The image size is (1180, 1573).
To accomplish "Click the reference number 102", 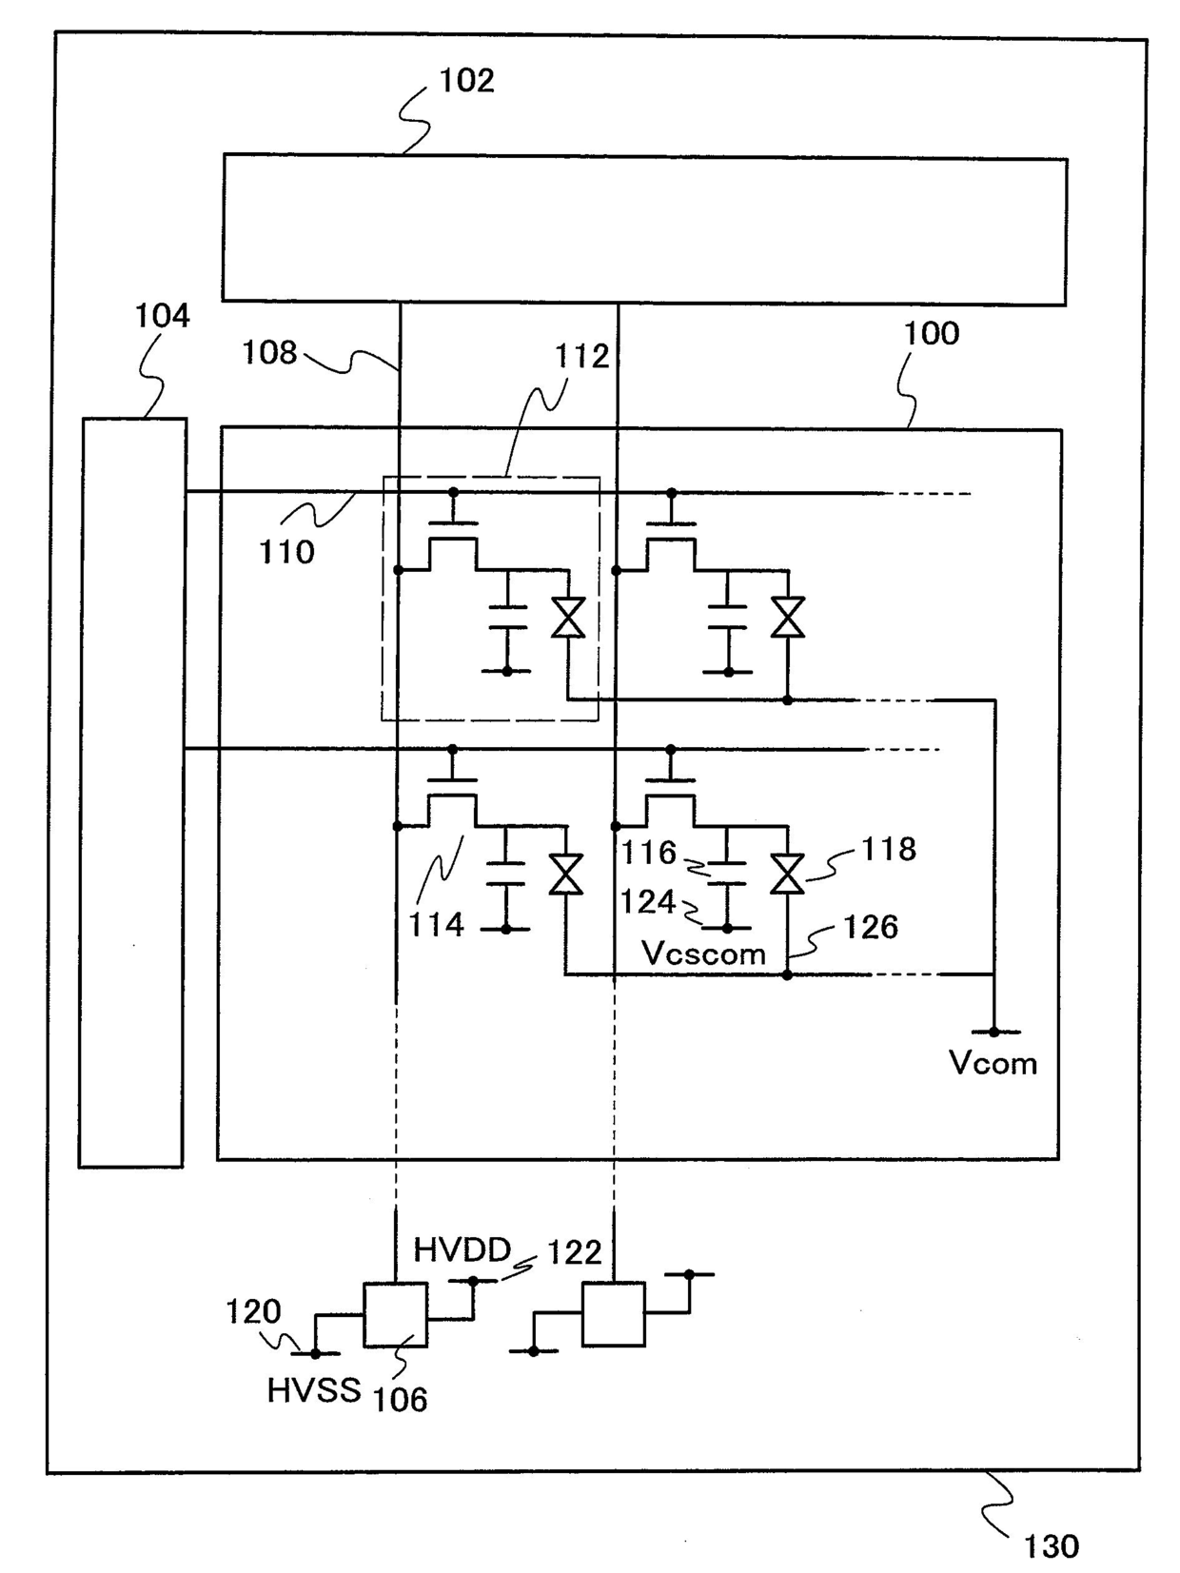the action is coord(466,80).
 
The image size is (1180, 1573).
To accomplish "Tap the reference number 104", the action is coord(163,316).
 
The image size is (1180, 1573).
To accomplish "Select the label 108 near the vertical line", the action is coord(269,353).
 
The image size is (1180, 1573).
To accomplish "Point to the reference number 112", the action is coord(581,356).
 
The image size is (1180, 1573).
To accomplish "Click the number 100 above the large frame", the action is coord(931,334).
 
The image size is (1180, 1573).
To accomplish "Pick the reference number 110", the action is coord(286,553).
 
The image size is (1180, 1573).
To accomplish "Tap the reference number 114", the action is coord(437,925).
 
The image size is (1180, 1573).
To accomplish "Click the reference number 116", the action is coord(648,853).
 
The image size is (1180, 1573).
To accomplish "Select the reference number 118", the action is coord(889,849).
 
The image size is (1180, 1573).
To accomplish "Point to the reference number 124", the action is coord(648,902).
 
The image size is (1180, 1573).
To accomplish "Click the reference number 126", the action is coord(871,927).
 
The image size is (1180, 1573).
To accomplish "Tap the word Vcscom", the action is coord(703,954).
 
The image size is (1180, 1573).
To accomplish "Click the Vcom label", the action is coord(993,1063).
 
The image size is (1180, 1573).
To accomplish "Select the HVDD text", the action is coord(462,1250).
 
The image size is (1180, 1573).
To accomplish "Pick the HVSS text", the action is coord(314,1391).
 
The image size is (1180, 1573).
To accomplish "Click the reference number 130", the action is coord(1051,1547).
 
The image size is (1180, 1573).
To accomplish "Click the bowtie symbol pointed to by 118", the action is coord(787,874).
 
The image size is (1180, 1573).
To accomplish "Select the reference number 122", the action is coord(575,1253).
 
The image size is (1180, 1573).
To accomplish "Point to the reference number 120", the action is coord(253,1312).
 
